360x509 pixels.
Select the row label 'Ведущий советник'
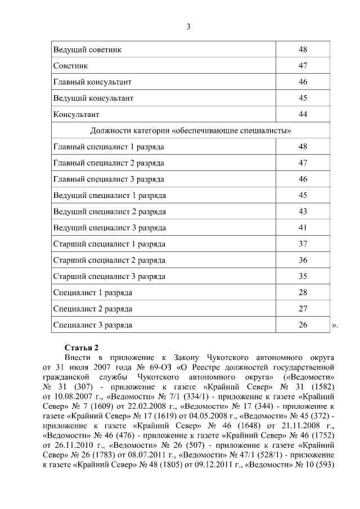click(x=87, y=49)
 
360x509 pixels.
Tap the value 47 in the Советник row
click(x=303, y=66)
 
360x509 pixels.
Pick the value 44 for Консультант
click(x=303, y=114)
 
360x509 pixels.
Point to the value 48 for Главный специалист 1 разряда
click(x=303, y=147)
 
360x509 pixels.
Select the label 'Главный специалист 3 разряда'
click(x=109, y=179)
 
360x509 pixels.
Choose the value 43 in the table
click(x=303, y=211)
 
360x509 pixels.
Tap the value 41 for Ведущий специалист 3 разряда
click(x=303, y=228)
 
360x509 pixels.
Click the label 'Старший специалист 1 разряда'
click(x=109, y=244)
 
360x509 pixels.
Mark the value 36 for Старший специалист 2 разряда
click(x=303, y=260)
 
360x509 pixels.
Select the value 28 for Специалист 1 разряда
click(x=303, y=292)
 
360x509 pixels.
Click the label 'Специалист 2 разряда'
click(x=93, y=309)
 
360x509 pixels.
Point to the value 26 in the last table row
click(x=303, y=325)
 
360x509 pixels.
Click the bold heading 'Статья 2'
click(x=82, y=347)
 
